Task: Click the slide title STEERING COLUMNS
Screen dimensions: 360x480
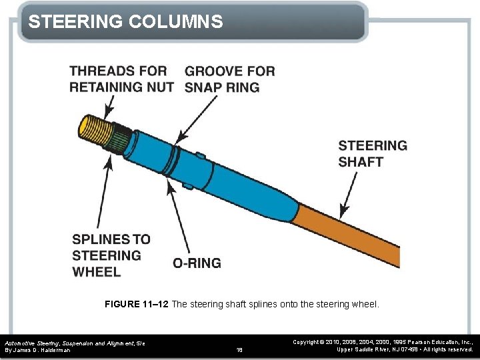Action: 125,22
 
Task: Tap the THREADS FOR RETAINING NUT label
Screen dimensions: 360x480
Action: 121,79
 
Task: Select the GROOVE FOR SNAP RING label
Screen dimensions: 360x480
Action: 229,79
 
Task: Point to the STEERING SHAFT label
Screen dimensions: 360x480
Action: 372,153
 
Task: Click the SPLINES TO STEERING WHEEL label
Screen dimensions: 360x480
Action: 111,255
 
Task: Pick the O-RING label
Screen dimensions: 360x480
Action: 197,263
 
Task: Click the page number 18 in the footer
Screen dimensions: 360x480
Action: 240,349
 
